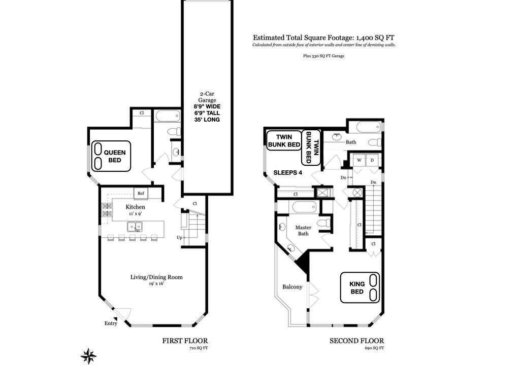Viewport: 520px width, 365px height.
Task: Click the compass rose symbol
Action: coord(88,356)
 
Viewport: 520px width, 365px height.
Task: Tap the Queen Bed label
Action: coord(115,156)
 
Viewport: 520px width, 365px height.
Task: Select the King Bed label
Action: coord(357,288)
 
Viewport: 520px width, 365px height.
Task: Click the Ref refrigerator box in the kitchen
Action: coord(141,194)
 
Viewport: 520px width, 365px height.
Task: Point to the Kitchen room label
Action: coord(135,207)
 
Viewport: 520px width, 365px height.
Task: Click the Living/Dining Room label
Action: coord(156,277)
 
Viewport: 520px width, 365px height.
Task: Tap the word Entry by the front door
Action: coord(111,323)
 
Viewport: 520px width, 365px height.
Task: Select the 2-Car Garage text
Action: coord(207,97)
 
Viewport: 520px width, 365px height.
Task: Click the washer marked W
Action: coord(359,160)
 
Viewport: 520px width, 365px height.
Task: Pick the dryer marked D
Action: coord(372,160)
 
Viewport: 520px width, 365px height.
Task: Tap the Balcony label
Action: coord(292,287)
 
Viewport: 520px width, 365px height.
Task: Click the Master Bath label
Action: coord(303,231)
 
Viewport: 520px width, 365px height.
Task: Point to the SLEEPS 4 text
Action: coord(287,172)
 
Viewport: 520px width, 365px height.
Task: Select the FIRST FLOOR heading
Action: coord(185,341)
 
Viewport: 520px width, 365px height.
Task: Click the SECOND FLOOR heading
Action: coord(357,341)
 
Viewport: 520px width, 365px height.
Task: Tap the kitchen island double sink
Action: coord(135,227)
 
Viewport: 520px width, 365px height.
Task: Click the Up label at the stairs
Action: coord(179,237)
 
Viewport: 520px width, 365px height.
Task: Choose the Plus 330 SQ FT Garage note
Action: coord(323,56)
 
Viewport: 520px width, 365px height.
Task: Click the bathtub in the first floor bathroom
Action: coord(168,116)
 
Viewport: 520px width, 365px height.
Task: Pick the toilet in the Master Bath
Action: coord(323,222)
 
